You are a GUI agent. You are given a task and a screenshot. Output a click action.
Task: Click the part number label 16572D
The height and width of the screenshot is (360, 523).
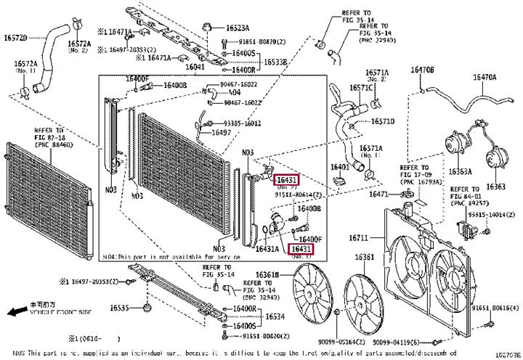pos(15,37)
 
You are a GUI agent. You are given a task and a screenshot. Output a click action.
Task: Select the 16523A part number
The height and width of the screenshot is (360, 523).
pos(238,28)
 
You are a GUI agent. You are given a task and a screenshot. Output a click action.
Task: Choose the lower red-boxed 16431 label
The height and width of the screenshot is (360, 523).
pos(301,249)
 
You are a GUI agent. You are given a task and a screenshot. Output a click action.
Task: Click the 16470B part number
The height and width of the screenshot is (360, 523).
pos(423,70)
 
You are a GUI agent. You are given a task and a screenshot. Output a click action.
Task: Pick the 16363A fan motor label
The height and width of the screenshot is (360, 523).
pos(459,172)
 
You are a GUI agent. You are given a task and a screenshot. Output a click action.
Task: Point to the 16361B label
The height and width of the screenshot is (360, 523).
pos(268,274)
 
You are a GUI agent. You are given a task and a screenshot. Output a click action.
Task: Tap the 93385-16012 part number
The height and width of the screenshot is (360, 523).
pos(243,123)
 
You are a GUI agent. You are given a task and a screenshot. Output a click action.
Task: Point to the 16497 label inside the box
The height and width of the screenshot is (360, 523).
pos(221,133)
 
